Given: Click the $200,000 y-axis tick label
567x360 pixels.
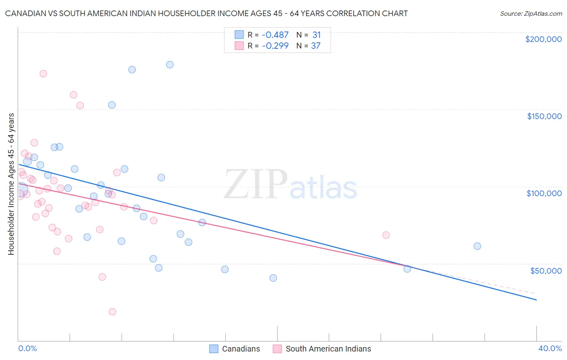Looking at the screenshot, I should point(543,39).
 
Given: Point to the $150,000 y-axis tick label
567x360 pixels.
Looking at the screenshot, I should point(544,116).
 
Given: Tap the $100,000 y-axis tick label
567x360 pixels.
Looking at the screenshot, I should point(544,193).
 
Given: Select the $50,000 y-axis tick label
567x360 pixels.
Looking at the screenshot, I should point(546,270).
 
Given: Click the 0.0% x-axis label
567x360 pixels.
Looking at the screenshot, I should point(27,348).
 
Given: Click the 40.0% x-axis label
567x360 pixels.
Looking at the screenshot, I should point(550,348).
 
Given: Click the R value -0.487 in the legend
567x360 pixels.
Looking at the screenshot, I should point(275,35).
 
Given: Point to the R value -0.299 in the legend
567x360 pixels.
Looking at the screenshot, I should point(275,46).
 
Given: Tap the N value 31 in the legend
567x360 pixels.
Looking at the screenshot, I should point(317,35).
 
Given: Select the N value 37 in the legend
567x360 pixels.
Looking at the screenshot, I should point(316,46).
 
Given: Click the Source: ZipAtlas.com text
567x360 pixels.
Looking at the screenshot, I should point(531,14).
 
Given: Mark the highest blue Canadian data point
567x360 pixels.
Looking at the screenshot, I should point(170,65).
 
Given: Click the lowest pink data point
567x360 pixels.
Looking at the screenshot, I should point(113,312).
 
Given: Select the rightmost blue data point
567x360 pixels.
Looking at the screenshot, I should point(477,246).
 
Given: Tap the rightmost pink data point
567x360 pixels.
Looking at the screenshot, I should point(386,235).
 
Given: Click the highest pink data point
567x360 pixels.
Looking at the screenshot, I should point(43,73).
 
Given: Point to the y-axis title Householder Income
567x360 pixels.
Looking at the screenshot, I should point(11,184).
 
